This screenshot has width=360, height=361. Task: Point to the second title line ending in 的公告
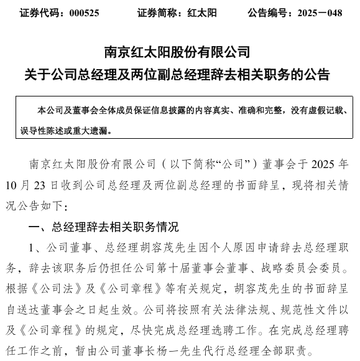(180, 75)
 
